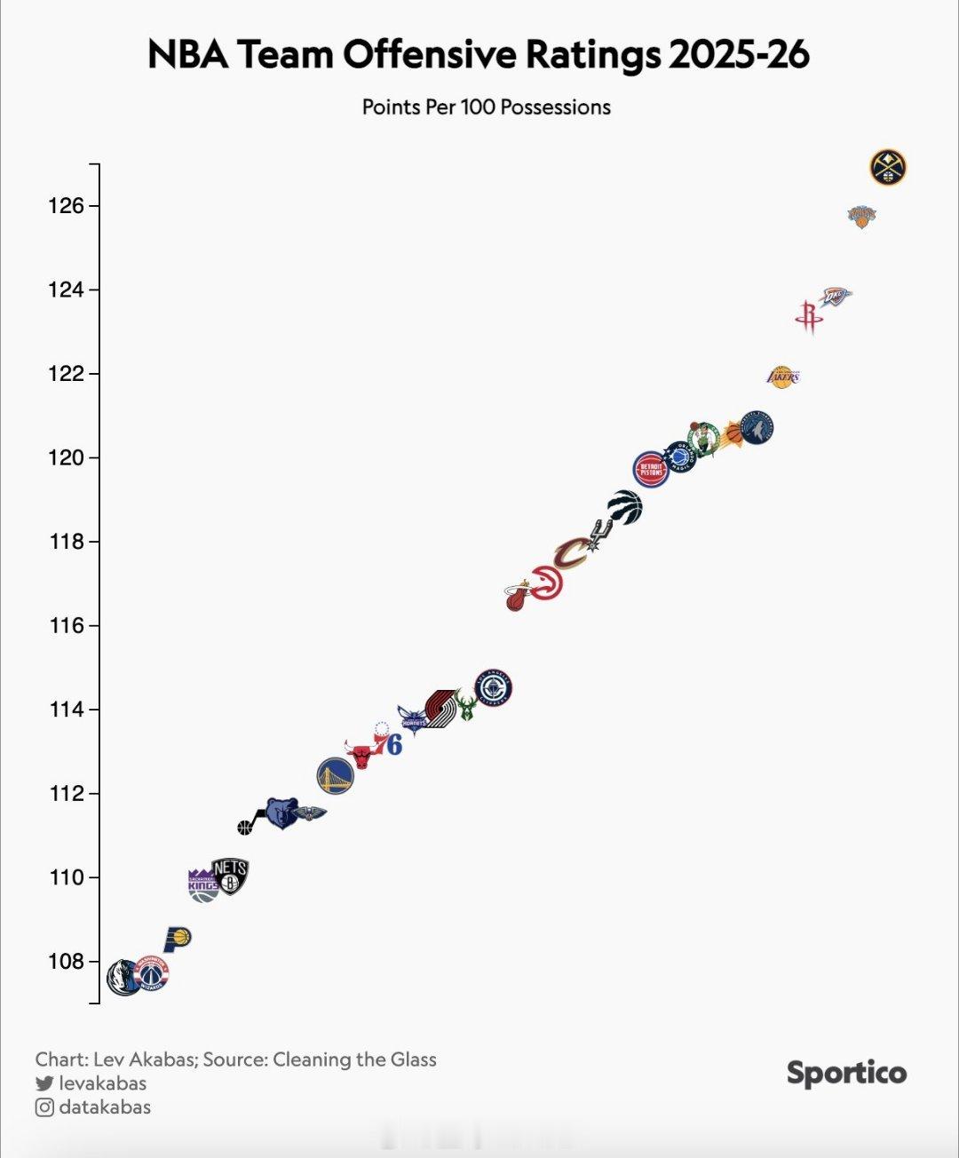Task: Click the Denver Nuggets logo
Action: coord(887,167)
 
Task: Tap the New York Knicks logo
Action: coord(861,216)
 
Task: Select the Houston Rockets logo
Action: coord(808,316)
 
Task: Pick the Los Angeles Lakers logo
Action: coord(782,377)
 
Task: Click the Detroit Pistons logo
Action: coord(651,470)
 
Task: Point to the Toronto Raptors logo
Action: coord(625,506)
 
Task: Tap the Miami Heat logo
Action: coord(518,597)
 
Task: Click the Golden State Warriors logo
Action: coord(336,775)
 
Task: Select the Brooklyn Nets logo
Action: coord(230,876)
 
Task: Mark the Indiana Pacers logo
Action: coord(178,938)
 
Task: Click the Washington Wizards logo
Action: coord(152,973)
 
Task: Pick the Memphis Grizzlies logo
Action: coord(282,812)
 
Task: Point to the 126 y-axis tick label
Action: coord(66,206)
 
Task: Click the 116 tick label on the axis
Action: coord(66,626)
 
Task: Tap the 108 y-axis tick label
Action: coord(66,962)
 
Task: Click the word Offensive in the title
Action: coord(432,55)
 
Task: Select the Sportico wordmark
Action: coord(846,1073)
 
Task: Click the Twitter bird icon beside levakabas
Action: coord(44,1083)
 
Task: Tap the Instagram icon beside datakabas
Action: coord(44,1107)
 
